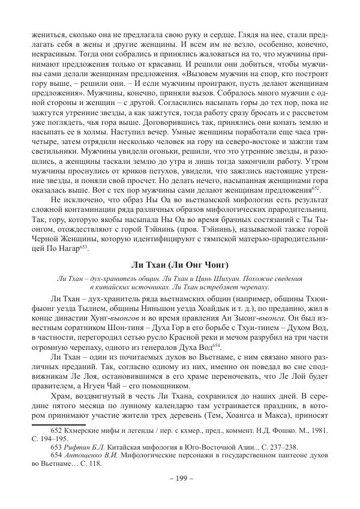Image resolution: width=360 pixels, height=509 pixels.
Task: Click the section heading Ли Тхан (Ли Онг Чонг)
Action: pos(180,265)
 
